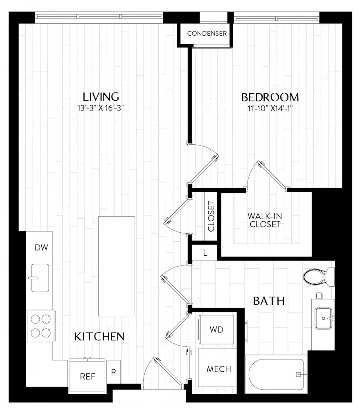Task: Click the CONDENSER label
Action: [x=207, y=34]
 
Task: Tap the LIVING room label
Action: [x=101, y=97]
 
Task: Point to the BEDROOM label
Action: [x=270, y=97]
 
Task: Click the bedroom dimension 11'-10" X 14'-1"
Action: [x=270, y=108]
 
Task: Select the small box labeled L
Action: [x=205, y=253]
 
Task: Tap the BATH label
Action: [x=269, y=301]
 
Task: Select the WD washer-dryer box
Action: [x=217, y=329]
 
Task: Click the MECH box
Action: [x=218, y=369]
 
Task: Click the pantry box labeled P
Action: [x=113, y=373]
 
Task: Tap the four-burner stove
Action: [x=40, y=326]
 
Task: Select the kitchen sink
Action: [x=40, y=278]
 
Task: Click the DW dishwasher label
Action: [x=41, y=247]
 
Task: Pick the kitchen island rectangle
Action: [x=117, y=266]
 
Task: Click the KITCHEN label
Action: [x=99, y=337]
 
